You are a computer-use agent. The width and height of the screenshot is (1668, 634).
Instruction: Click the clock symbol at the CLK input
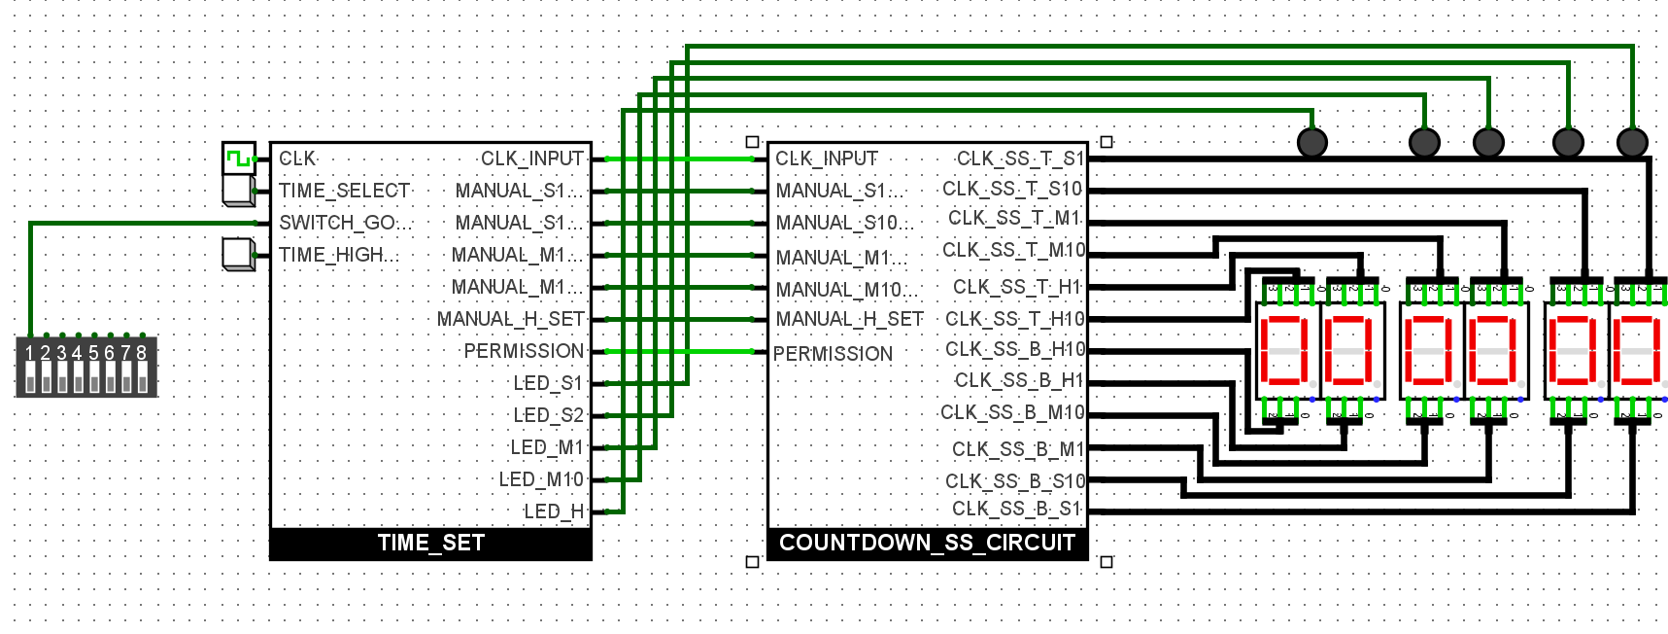click(238, 158)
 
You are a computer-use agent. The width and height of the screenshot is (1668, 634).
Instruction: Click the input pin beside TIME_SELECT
click(238, 191)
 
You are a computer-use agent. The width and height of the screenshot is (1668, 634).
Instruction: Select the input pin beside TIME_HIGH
click(238, 254)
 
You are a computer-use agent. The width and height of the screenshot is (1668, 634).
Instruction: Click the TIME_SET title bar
click(430, 544)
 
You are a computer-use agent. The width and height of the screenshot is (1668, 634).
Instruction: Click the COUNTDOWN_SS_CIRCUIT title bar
click(927, 544)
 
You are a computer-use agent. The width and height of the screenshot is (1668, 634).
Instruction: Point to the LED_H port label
click(554, 511)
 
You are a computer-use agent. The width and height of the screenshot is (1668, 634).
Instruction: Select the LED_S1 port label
click(548, 383)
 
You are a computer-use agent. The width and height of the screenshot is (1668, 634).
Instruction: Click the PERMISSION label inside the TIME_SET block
click(524, 351)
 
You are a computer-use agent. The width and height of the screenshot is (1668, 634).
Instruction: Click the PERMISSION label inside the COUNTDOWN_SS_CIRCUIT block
click(833, 354)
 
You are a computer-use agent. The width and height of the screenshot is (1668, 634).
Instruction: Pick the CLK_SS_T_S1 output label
click(1020, 158)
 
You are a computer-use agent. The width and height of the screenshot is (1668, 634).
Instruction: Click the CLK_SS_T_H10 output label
click(1015, 319)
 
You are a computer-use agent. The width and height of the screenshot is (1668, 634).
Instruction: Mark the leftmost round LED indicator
click(1312, 143)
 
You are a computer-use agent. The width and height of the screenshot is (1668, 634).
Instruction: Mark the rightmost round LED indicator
click(1632, 143)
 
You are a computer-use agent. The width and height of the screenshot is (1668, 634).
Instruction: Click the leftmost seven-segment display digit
click(1283, 350)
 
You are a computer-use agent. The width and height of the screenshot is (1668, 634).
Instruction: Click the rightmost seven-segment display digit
click(1637, 350)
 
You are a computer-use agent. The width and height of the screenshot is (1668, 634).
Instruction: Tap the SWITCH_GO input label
click(345, 223)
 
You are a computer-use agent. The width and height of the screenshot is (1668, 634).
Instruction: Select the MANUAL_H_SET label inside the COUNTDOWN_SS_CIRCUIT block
click(849, 319)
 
